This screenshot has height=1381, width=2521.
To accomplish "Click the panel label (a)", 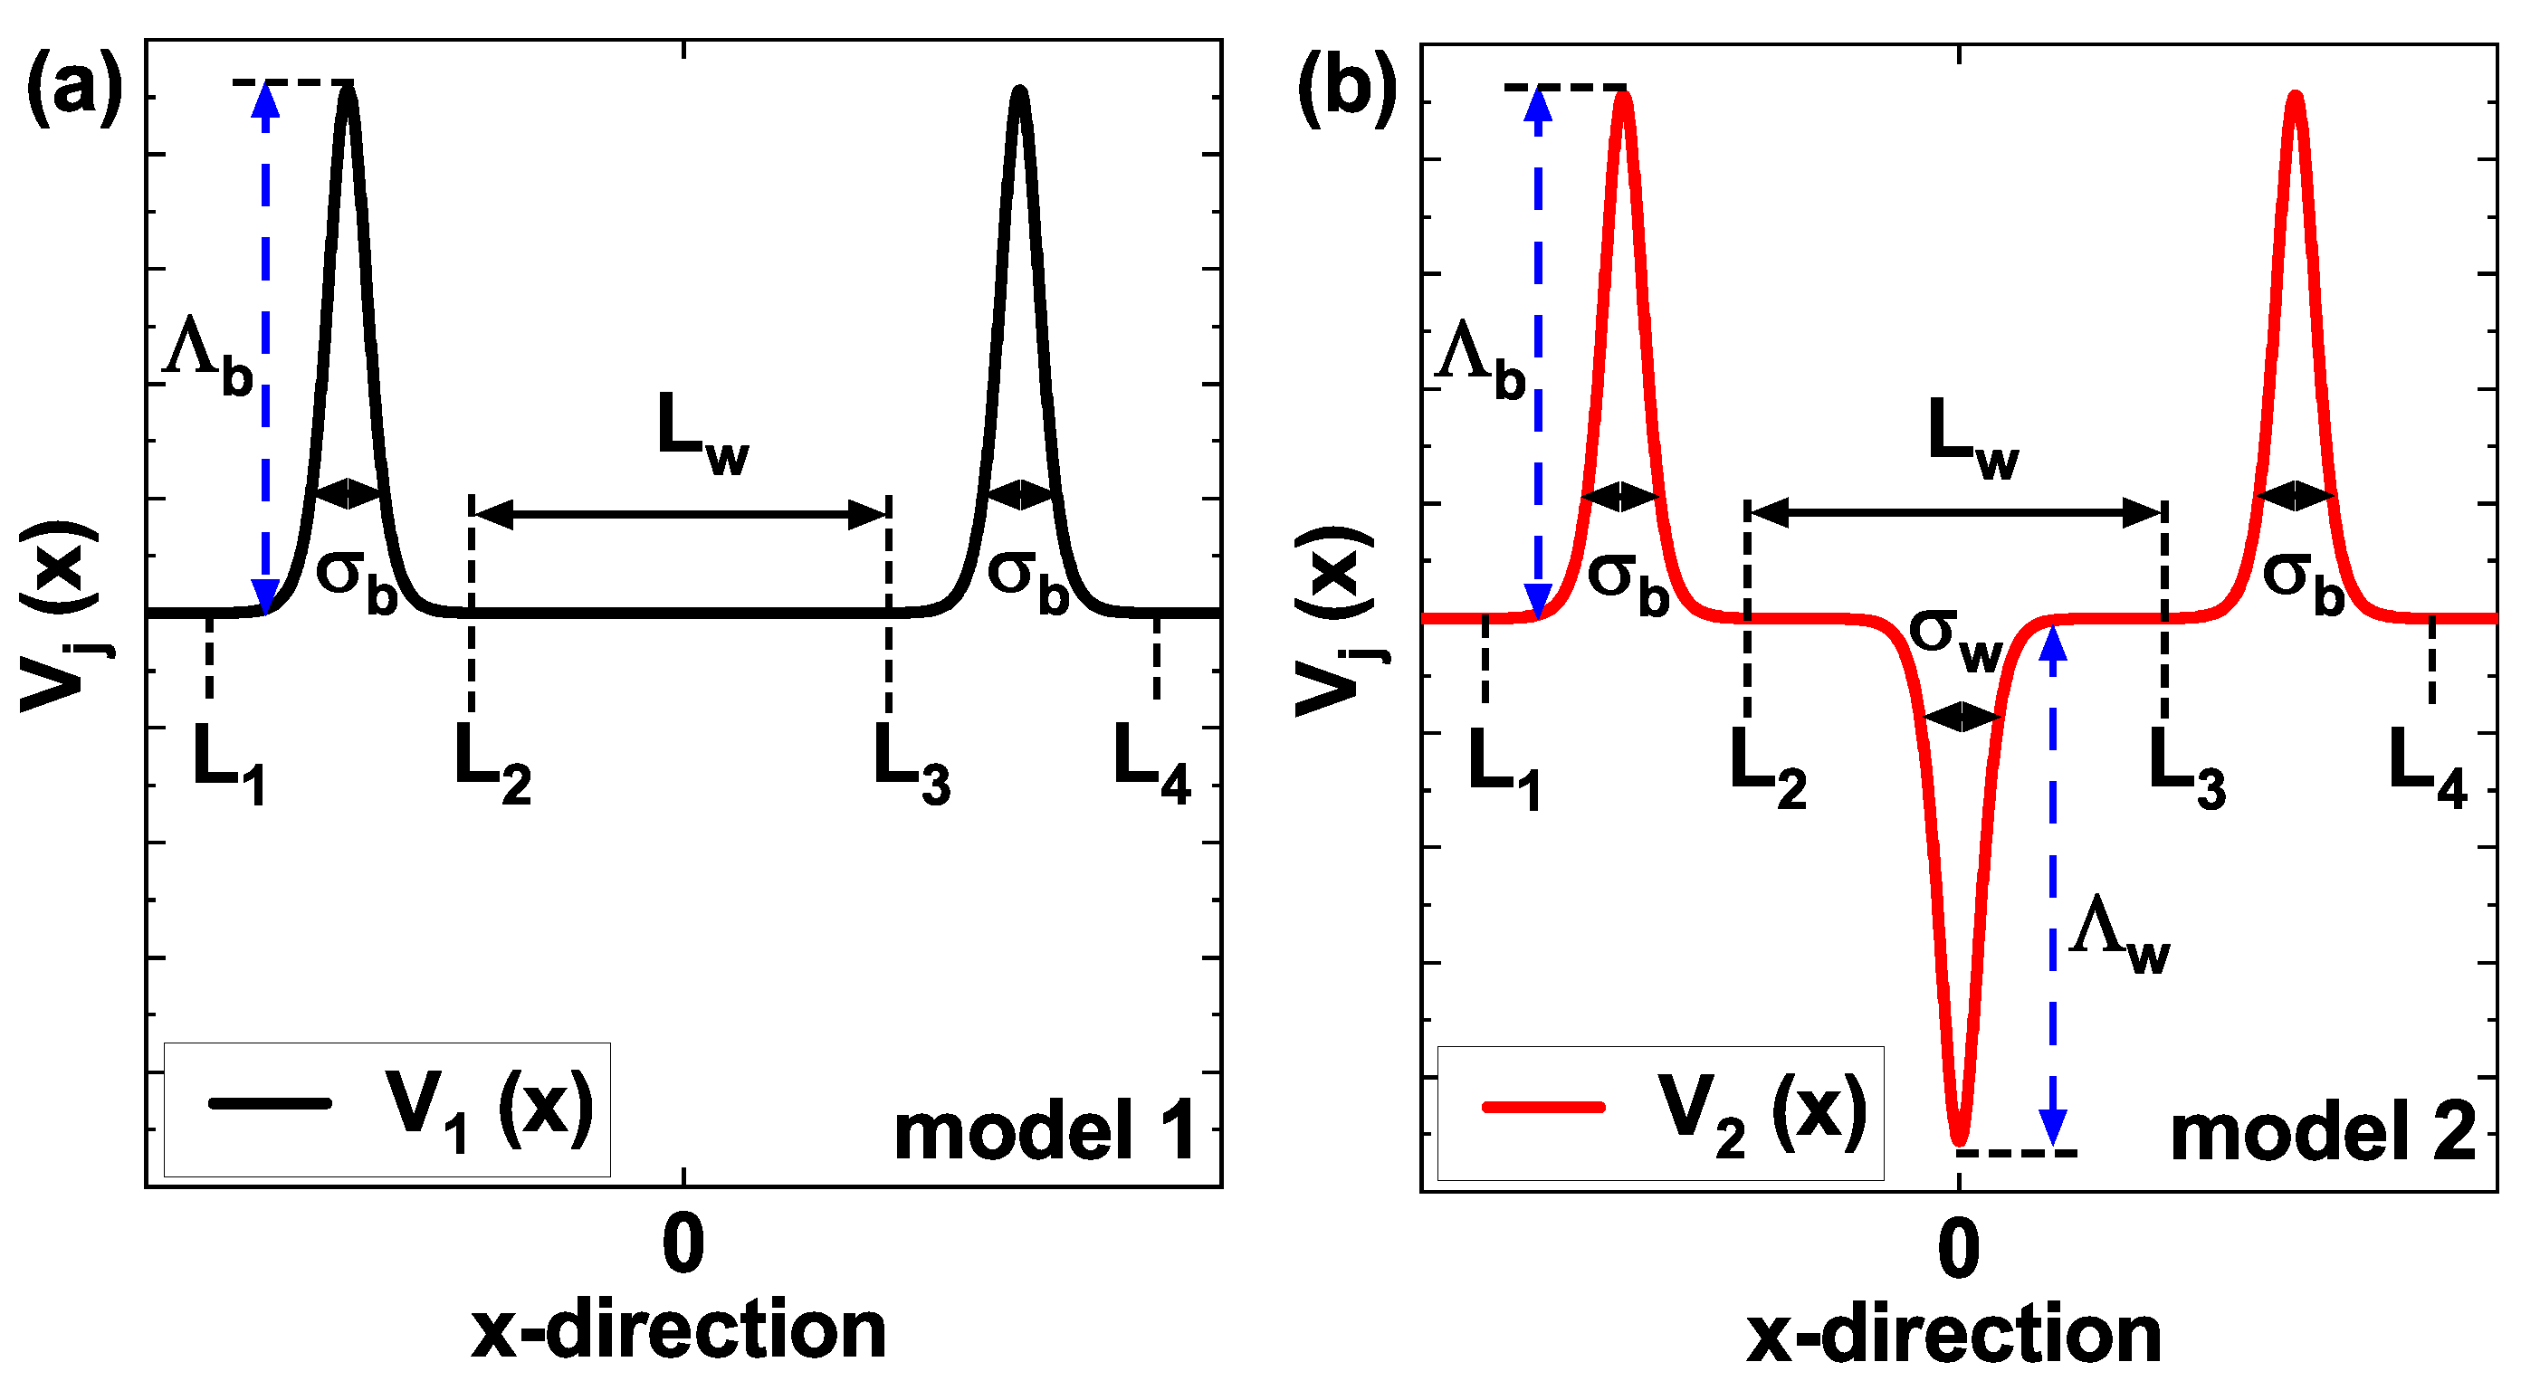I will click(74, 88).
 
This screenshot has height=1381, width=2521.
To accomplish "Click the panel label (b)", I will click(1347, 90).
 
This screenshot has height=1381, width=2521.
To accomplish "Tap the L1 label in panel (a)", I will click(231, 765).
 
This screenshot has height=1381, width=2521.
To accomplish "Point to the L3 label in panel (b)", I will click(2185, 769).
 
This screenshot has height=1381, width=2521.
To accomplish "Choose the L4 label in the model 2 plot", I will click(2426, 769).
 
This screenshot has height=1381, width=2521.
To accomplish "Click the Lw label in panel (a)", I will click(701, 434).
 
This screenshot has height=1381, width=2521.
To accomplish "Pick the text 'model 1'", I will click(1046, 1130).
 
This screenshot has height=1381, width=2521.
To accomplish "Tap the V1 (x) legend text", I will click(490, 1110).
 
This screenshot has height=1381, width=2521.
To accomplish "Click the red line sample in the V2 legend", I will click(1543, 1107).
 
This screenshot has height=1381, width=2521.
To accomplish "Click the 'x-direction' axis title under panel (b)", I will click(1953, 1335).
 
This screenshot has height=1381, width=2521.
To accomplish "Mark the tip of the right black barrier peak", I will click(1021, 90).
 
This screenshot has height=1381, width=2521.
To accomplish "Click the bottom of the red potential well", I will click(1958, 1140).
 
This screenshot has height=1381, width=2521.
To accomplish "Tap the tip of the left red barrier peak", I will click(1624, 95).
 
